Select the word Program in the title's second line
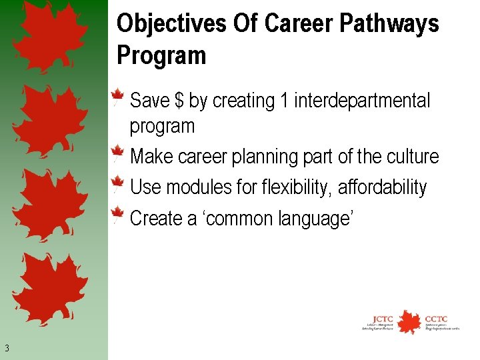[161, 55]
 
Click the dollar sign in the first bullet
[179, 101]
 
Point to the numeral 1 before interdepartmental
[285, 101]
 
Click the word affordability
[382, 188]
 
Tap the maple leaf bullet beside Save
[118, 97]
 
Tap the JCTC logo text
[383, 318]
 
